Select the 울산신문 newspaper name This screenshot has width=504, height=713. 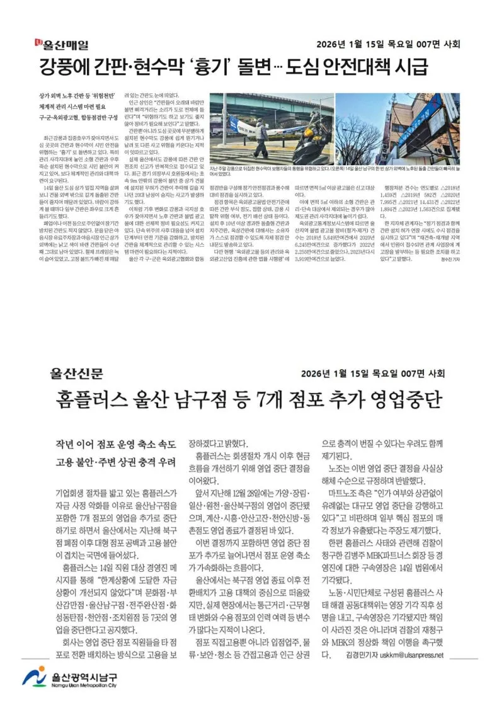pyautogui.click(x=77, y=374)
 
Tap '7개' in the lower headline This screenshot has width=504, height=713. pyautogui.click(x=272, y=399)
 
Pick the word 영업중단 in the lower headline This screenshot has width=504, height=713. pyautogui.click(x=403, y=399)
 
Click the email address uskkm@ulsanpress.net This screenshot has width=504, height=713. pyautogui.click(x=410, y=654)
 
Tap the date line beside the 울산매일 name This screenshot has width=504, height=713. pyautogui.click(x=388, y=45)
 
